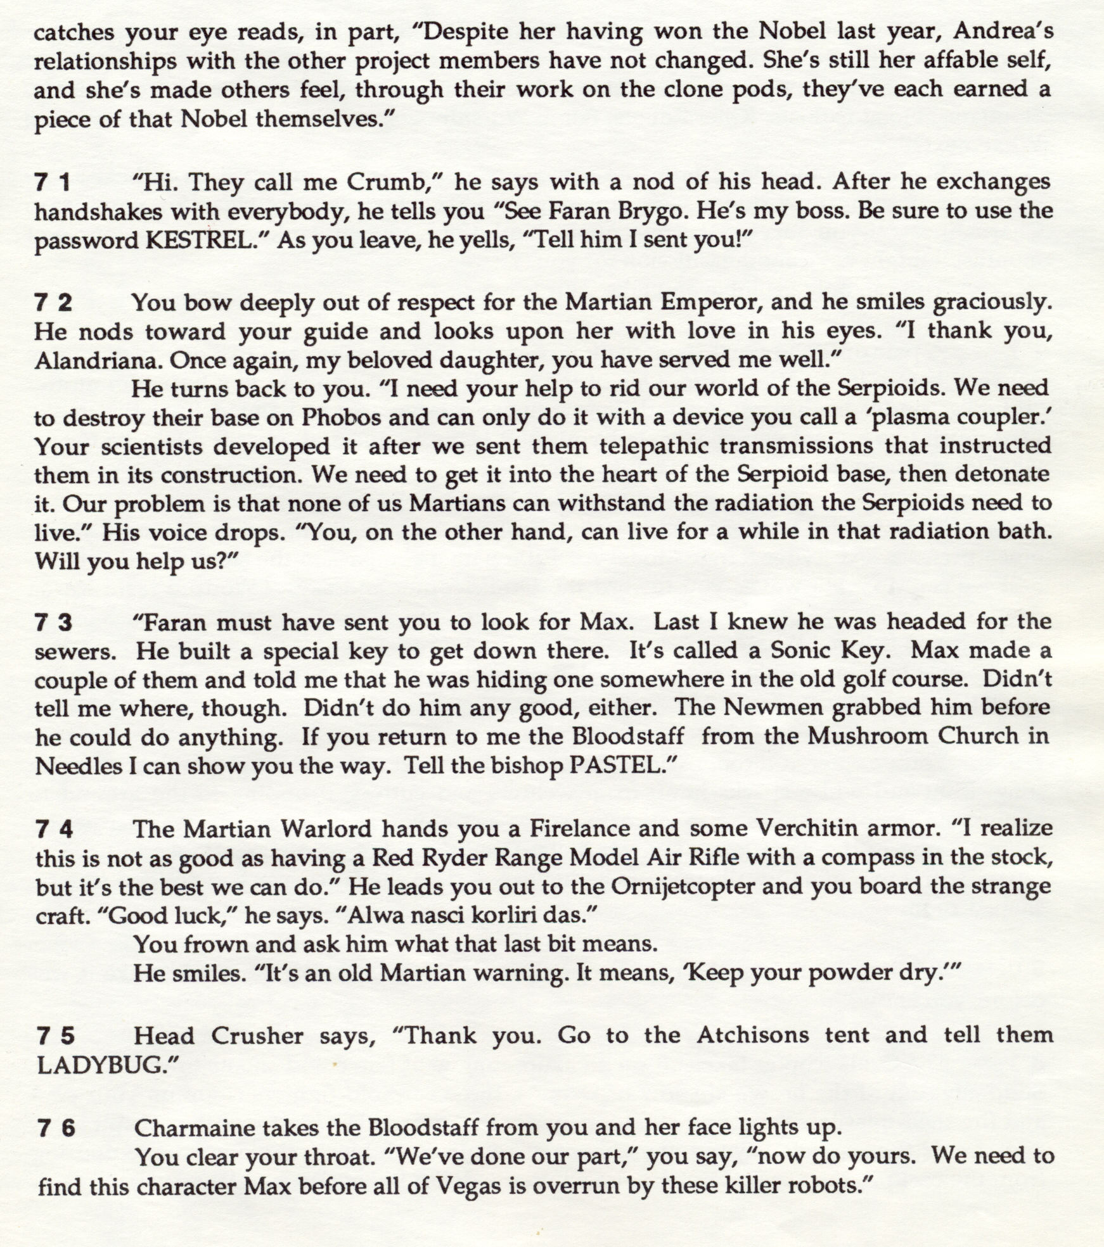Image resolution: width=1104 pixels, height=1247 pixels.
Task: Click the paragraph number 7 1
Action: pyautogui.click(x=53, y=183)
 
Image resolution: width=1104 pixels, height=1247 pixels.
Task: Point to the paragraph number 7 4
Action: pyautogui.click(x=53, y=829)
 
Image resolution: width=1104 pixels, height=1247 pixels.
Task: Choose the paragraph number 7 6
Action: pyautogui.click(x=55, y=1128)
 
